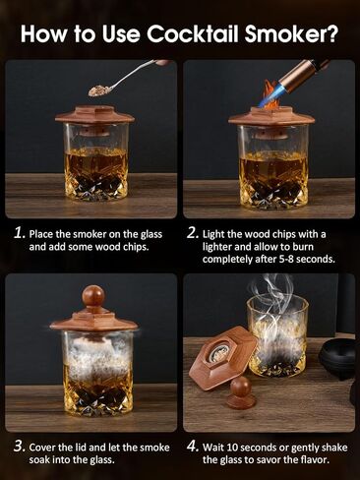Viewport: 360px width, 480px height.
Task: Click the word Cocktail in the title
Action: (x=193, y=33)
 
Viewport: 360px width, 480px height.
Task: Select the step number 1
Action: (x=20, y=233)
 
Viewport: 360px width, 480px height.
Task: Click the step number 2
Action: (x=193, y=233)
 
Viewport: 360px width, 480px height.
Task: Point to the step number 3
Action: (x=20, y=447)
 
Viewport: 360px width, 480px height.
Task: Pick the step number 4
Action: (x=193, y=447)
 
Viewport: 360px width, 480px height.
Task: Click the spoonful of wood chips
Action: (x=96, y=90)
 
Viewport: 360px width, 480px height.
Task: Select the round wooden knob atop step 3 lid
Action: (x=93, y=296)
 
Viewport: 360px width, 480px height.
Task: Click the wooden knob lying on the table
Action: (x=242, y=391)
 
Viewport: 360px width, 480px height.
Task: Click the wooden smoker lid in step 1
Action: (x=95, y=115)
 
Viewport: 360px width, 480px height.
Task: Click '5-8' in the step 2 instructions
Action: (x=287, y=259)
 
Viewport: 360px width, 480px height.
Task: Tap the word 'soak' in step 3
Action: (x=39, y=459)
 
